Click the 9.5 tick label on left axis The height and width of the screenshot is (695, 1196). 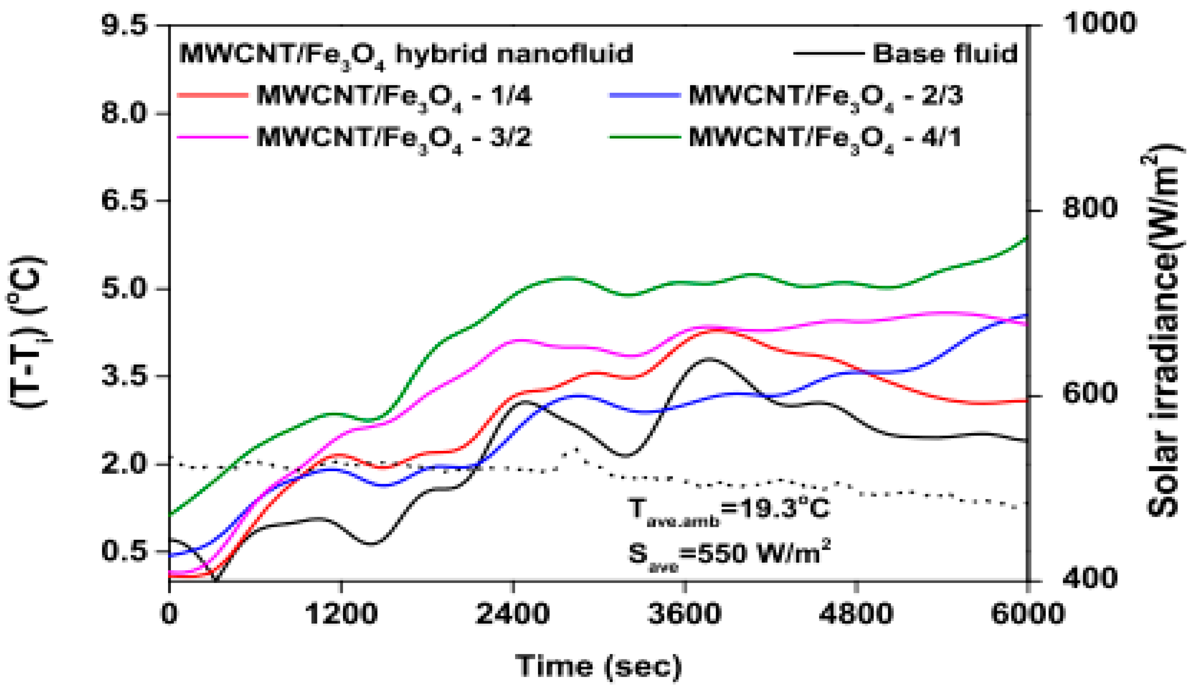(x=124, y=25)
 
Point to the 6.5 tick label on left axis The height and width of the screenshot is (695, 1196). (x=124, y=200)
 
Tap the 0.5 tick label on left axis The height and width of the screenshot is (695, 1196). (x=124, y=552)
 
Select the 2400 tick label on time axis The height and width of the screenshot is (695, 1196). (x=513, y=613)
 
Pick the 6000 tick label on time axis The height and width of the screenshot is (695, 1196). (x=1028, y=613)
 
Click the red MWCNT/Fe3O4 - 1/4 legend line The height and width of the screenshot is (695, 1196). (x=212, y=95)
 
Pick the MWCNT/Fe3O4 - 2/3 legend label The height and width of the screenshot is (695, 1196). (x=826, y=96)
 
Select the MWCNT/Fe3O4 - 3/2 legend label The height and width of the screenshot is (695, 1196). (x=394, y=138)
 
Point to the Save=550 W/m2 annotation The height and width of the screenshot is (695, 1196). (x=728, y=553)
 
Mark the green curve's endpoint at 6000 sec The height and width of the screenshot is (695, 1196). (x=1027, y=238)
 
